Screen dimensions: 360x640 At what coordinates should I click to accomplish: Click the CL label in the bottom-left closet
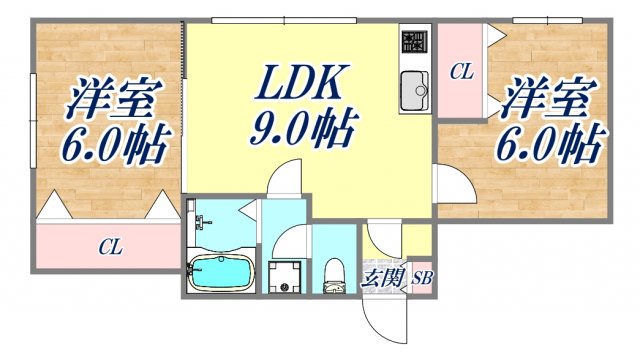111,247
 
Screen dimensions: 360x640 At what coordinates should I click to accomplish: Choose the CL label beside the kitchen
460,72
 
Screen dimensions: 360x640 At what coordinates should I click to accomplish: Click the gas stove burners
412,42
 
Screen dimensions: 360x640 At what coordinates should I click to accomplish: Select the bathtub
221,272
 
